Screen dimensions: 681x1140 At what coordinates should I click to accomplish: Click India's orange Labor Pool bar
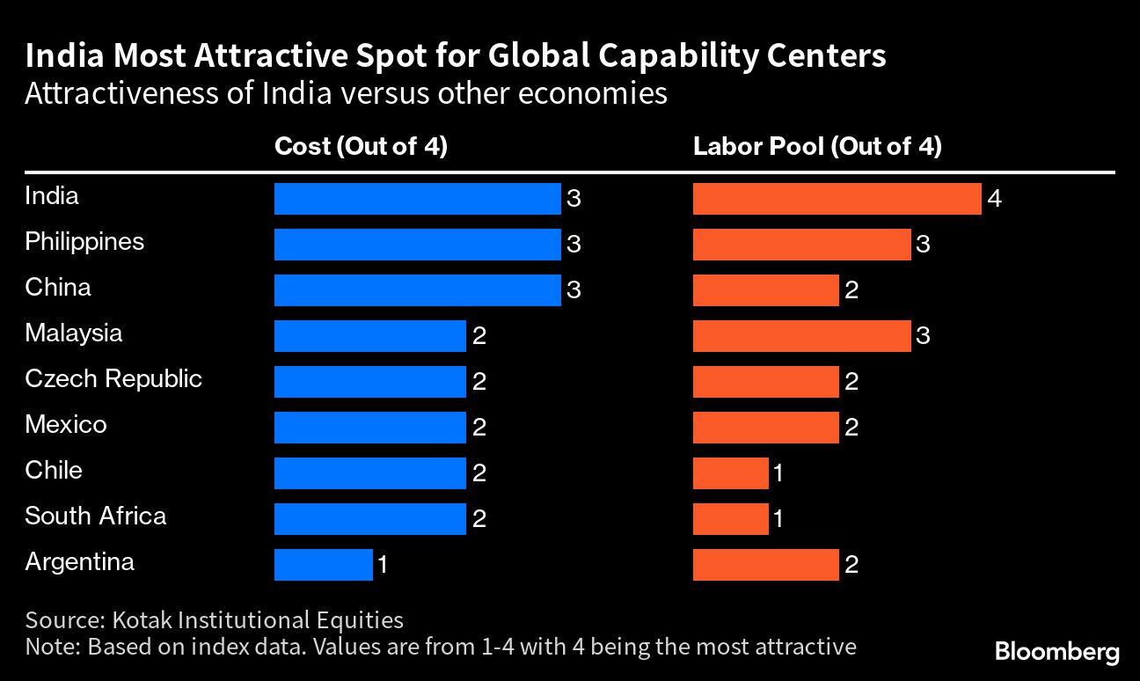click(837, 199)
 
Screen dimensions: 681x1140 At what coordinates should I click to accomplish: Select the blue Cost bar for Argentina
click(323, 565)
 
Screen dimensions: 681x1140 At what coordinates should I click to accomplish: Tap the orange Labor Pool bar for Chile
click(730, 473)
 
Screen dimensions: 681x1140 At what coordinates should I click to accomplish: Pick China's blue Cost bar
click(417, 290)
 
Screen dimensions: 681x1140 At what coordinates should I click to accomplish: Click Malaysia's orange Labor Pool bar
click(801, 336)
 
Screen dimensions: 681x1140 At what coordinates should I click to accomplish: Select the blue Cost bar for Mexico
click(369, 428)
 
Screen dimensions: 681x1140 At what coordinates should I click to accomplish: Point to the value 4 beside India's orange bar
click(995, 200)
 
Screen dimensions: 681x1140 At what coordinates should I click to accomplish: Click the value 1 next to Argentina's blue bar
click(383, 565)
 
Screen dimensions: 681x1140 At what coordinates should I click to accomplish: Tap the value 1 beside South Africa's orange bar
click(778, 519)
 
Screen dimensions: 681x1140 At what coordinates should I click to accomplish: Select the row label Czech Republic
click(113, 378)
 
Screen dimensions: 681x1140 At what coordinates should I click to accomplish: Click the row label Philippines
click(84, 241)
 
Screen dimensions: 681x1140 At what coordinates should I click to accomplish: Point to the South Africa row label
click(95, 516)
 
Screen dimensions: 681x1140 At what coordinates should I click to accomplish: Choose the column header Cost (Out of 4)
click(361, 146)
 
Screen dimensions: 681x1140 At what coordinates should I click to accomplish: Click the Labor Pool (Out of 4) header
click(817, 146)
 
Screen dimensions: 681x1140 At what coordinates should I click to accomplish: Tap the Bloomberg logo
click(1056, 652)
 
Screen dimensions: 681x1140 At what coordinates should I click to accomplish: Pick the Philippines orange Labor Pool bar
click(801, 245)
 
